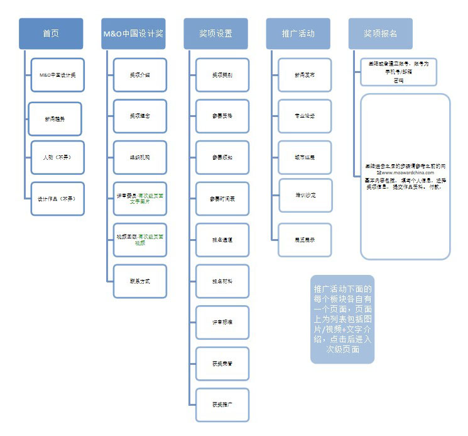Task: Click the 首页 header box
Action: [x=51, y=33]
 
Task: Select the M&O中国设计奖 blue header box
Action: [x=133, y=33]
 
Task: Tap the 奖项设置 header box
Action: [x=215, y=33]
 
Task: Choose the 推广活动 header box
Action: [x=298, y=33]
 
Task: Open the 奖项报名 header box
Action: [x=380, y=33]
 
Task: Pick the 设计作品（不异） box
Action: [x=57, y=198]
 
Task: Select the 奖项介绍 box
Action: [x=140, y=75]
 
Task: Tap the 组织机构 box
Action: [x=140, y=157]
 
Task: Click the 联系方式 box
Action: [x=140, y=281]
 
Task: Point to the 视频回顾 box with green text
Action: [x=140, y=239]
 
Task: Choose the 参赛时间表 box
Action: [x=222, y=198]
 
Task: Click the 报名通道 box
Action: [x=222, y=240]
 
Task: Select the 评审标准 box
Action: [x=222, y=321]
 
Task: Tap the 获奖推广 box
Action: [x=222, y=404]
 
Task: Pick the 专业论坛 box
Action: [x=305, y=116]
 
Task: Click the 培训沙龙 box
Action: [x=305, y=196]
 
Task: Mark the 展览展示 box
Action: [x=305, y=240]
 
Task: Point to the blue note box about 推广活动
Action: [x=342, y=319]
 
